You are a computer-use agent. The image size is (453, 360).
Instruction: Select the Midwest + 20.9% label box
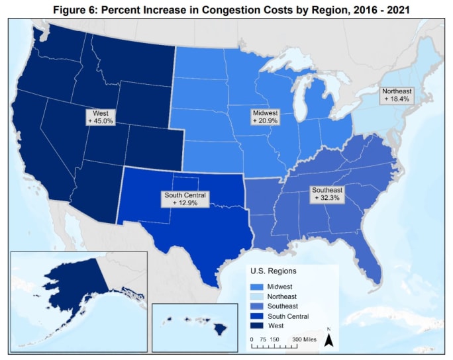[265, 117]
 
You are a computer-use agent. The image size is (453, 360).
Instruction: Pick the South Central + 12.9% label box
[185, 199]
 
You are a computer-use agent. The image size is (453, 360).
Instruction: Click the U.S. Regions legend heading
[273, 271]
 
